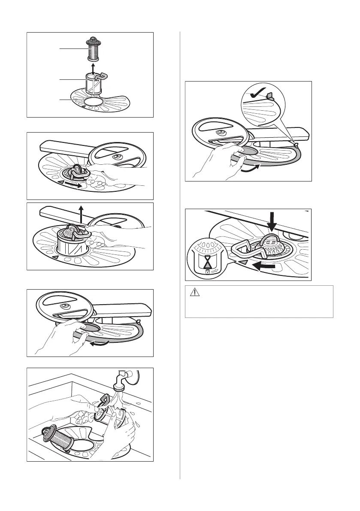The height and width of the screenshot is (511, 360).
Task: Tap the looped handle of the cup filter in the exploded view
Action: click(101, 78)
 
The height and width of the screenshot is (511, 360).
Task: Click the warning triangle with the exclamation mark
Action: click(194, 293)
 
